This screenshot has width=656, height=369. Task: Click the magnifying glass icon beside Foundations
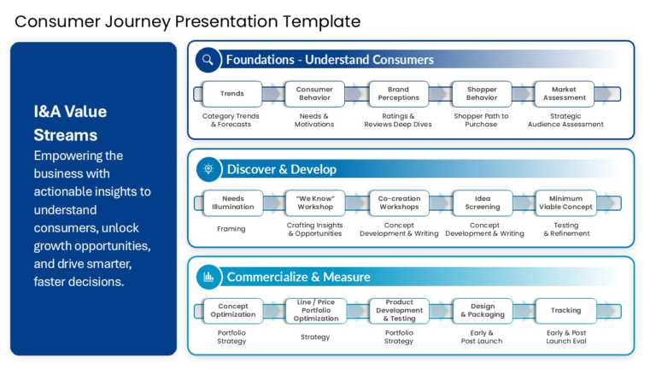(x=208, y=60)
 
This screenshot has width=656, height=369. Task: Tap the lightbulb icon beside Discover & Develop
(x=208, y=169)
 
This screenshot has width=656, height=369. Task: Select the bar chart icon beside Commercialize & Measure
(x=208, y=277)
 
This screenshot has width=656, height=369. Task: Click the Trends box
(x=231, y=94)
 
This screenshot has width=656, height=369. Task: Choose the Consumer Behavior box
(x=314, y=94)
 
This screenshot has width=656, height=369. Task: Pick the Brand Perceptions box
(x=398, y=94)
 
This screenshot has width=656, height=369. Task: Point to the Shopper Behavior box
(x=482, y=94)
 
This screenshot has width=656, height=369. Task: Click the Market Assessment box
(x=565, y=94)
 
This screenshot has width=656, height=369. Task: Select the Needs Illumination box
(x=231, y=202)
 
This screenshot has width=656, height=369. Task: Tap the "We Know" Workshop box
(x=314, y=202)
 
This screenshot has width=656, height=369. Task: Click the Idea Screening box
(x=482, y=202)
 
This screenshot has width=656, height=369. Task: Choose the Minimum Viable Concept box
(x=565, y=202)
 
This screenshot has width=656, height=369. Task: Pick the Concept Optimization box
(x=231, y=310)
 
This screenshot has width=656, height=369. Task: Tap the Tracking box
(x=565, y=310)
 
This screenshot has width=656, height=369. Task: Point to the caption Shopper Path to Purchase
(x=481, y=120)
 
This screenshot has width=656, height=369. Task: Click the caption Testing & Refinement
(x=565, y=229)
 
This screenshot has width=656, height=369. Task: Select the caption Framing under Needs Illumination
(x=231, y=229)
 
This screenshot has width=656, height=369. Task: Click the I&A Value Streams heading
(x=70, y=123)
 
